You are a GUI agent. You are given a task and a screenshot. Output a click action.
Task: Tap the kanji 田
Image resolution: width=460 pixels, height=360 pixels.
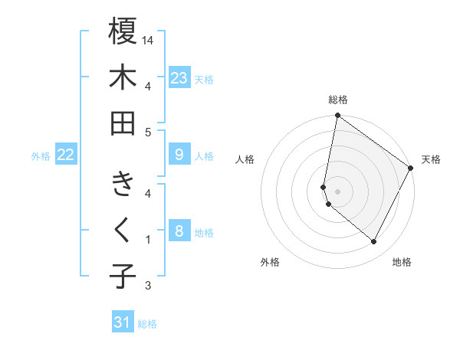point(123,123)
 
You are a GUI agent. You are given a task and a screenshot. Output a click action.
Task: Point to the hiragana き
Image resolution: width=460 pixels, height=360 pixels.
point(123,185)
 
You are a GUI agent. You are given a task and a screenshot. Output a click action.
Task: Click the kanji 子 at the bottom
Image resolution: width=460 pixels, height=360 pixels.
point(123,277)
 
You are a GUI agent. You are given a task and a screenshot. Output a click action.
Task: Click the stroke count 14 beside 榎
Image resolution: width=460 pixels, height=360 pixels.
point(149,39)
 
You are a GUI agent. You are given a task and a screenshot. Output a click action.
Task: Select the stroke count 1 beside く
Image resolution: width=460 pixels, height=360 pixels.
point(148,240)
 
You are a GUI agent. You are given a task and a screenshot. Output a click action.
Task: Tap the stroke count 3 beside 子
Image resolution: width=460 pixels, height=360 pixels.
point(148,286)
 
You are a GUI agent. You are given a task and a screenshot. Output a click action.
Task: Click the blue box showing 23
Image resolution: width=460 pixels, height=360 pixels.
point(179,78)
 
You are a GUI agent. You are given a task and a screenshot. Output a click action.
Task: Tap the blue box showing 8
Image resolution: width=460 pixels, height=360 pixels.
point(179,231)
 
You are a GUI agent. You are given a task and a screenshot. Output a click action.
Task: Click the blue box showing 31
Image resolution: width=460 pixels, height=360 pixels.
point(123,322)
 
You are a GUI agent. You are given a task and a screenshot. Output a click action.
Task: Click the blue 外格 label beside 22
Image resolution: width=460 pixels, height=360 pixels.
point(41,156)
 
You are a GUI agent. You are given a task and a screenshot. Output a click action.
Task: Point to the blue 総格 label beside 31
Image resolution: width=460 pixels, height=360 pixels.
point(147,324)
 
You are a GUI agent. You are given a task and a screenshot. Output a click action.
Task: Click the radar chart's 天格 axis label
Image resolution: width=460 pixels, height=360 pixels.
point(431,159)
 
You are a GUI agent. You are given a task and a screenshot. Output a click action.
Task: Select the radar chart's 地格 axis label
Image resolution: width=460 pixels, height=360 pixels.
point(402,262)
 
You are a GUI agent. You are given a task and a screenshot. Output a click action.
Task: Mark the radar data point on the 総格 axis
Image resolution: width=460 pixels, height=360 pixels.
point(337,116)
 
